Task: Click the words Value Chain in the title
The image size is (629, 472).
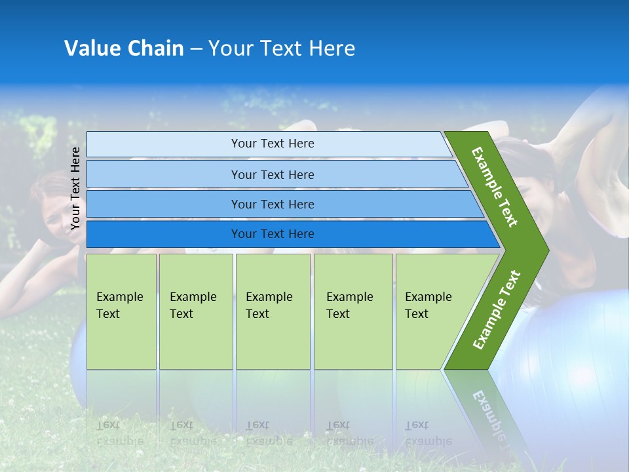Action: tap(124, 49)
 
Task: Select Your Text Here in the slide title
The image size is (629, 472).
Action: tap(282, 49)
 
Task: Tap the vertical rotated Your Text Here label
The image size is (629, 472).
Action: tap(75, 189)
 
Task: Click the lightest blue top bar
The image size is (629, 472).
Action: tap(272, 144)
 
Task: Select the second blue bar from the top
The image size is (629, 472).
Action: tap(272, 174)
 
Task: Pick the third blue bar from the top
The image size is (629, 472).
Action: tap(272, 204)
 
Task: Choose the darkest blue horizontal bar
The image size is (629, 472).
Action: tap(272, 234)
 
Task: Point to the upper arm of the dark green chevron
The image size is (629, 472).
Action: tap(495, 187)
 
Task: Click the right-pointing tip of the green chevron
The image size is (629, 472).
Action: tap(541, 250)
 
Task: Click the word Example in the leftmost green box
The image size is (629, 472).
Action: tap(119, 297)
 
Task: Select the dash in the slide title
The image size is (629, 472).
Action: tap(196, 49)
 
